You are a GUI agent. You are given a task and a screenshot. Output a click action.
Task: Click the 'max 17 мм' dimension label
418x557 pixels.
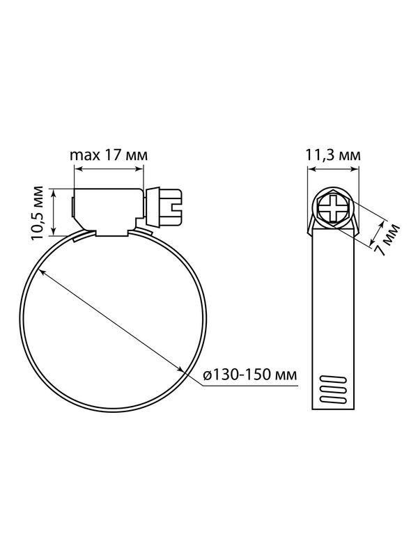click(109, 155)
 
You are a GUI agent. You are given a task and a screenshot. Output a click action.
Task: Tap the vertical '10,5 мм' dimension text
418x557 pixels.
click(37, 212)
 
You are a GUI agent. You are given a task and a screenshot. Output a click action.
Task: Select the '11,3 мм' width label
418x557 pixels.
click(333, 155)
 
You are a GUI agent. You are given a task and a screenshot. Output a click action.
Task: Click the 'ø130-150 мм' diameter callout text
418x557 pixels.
click(249, 375)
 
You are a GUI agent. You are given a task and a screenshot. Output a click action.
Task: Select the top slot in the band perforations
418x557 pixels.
click(334, 379)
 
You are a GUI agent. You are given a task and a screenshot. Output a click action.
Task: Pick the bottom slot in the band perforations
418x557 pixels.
click(334, 400)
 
